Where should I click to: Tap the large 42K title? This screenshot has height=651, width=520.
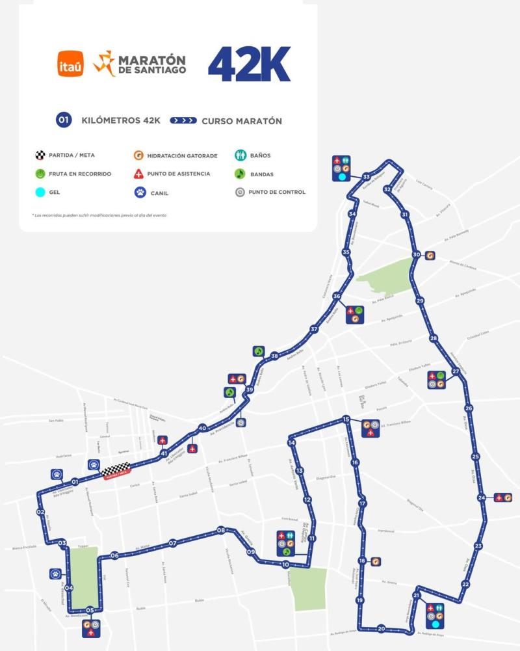249,64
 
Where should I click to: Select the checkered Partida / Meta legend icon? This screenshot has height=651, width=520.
40,156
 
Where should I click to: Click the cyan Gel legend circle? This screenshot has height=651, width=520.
40,193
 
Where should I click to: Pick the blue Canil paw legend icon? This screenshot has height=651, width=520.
139,193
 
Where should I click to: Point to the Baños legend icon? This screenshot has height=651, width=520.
240,156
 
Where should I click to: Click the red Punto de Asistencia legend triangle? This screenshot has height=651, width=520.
139,174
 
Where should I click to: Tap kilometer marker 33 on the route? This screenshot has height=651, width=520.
367,177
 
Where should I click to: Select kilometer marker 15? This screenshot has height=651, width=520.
346,420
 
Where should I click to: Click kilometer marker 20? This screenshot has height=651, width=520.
381,628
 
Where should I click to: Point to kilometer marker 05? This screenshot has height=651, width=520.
90,610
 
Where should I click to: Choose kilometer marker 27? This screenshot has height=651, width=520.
456,372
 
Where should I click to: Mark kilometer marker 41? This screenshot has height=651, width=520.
164,453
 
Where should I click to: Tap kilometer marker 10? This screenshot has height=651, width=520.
285,565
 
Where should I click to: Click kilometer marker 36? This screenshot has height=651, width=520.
337,296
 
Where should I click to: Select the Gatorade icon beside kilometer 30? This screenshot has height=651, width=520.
430,255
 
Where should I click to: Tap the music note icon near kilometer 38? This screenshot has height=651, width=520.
258,351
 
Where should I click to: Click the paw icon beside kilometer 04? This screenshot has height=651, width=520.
55,574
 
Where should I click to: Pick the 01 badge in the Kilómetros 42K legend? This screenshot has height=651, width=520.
64,120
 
